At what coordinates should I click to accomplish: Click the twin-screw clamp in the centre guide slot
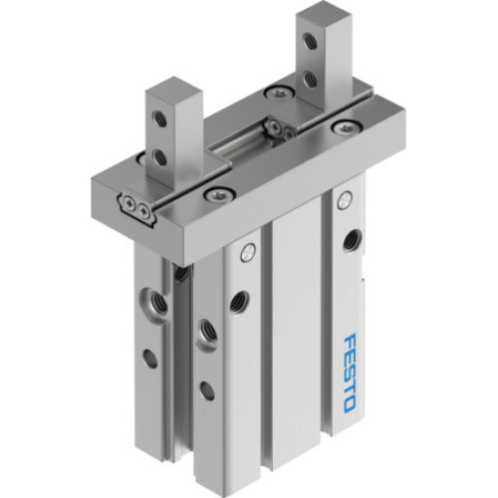pos(276,126)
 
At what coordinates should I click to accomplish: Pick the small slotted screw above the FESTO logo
pos(344,202)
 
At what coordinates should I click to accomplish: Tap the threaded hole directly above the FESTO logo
pos(351,240)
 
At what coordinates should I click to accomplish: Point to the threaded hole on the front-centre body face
pos(238,300)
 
